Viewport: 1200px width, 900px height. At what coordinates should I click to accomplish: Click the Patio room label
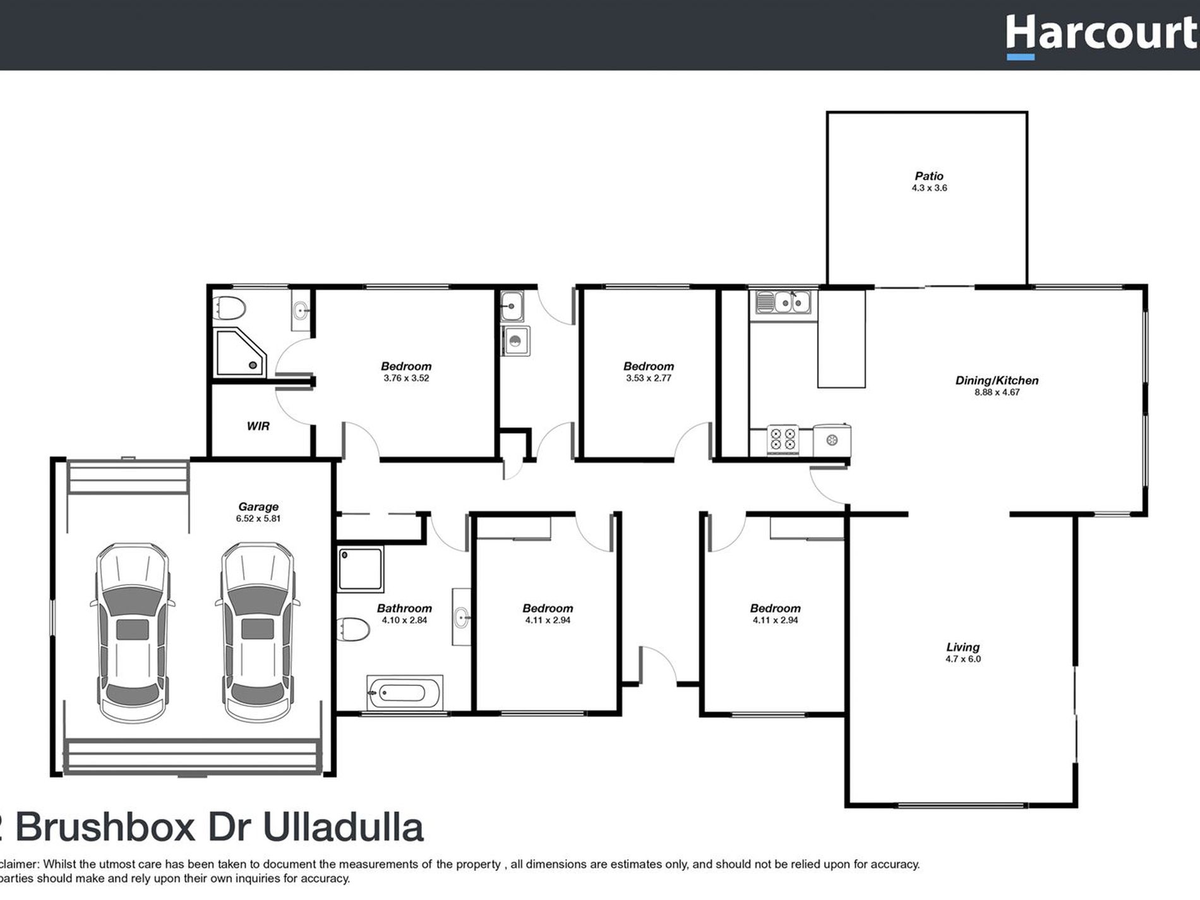pyautogui.click(x=928, y=176)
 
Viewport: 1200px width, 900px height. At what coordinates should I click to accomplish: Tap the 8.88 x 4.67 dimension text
pyautogui.click(x=997, y=392)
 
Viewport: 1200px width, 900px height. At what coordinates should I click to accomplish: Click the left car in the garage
pyautogui.click(x=133, y=632)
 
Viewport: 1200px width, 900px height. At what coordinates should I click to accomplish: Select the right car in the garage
pyautogui.click(x=258, y=632)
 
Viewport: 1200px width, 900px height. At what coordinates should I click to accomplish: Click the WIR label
pyautogui.click(x=258, y=426)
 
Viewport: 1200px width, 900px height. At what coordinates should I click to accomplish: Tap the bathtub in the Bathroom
pyautogui.click(x=404, y=693)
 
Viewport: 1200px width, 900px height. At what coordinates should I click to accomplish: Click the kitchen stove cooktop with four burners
pyautogui.click(x=783, y=439)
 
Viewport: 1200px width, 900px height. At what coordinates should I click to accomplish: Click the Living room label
pyautogui.click(x=963, y=647)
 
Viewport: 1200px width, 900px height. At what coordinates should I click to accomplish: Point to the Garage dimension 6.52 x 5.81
pyautogui.click(x=258, y=519)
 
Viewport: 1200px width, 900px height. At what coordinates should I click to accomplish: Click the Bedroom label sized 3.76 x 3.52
pyautogui.click(x=405, y=366)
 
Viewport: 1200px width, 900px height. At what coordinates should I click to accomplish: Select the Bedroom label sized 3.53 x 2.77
pyautogui.click(x=648, y=366)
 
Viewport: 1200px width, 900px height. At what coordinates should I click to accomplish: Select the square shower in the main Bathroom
pyautogui.click(x=360, y=569)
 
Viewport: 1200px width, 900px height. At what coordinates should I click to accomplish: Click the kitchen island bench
pyautogui.click(x=841, y=339)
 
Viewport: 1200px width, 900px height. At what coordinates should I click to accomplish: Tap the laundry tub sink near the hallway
pyautogui.click(x=512, y=306)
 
